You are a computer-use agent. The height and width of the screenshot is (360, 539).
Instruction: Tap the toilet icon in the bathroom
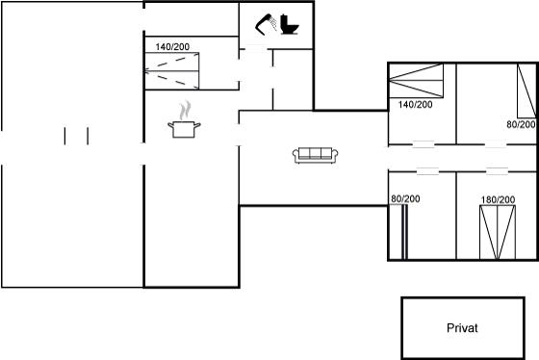290,24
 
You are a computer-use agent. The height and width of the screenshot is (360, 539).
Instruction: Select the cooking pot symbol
184,129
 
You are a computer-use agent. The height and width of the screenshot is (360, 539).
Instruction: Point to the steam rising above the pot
185,110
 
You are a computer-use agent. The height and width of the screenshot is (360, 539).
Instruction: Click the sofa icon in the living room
316,155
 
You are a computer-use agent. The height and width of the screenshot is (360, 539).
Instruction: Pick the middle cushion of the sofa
316,153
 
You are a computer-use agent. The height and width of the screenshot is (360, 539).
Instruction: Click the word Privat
462,328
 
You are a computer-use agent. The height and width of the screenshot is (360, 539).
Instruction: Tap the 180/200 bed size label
498,200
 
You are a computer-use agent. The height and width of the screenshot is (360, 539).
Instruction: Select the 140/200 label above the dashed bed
172,47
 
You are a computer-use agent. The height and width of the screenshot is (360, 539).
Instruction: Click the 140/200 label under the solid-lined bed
415,105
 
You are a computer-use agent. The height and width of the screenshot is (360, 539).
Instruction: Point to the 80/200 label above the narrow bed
405,198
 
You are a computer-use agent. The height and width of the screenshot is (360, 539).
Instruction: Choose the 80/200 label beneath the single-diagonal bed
521,124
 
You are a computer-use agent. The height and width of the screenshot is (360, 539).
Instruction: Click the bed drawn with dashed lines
172,71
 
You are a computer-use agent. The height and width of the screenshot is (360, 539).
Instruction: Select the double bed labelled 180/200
498,232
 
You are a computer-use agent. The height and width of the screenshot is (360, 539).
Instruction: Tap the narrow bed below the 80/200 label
404,232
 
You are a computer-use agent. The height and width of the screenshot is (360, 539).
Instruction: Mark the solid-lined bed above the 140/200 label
416,81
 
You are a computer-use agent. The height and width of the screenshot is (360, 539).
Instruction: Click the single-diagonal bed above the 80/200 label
526,90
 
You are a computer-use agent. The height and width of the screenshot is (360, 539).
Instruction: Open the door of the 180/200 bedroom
497,171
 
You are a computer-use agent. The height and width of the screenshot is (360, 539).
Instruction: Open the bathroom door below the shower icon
254,49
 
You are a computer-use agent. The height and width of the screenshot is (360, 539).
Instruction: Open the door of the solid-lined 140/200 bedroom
423,144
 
